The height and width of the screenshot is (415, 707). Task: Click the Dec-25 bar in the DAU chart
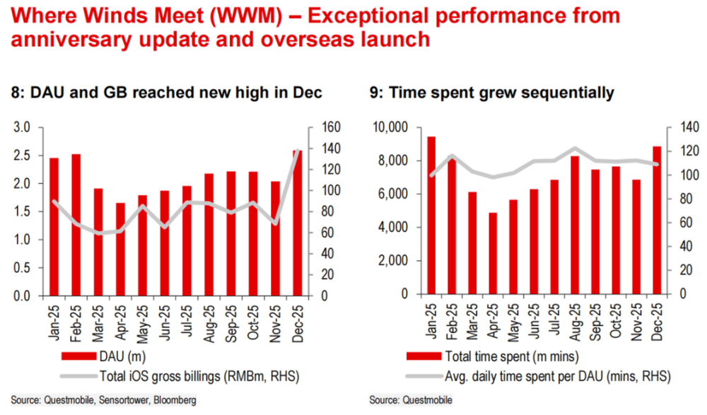[297, 223]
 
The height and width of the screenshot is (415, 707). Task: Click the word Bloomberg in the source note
[177, 400]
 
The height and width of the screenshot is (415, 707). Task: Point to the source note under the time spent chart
[411, 400]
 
